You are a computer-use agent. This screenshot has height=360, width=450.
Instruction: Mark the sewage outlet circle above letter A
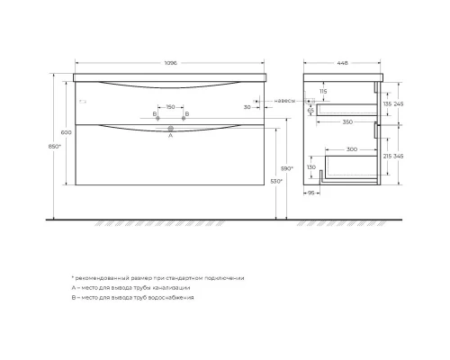point(170,129)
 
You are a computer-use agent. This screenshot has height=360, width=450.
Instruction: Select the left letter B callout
point(155,115)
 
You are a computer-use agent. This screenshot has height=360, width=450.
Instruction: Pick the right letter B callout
point(185,115)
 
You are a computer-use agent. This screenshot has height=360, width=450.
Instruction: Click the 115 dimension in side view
point(322,92)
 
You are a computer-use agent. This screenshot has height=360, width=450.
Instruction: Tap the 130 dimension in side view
point(312,168)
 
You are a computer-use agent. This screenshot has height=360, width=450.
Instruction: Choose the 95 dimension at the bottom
point(313,193)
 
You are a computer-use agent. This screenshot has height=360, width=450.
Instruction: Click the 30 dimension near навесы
point(247,107)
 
